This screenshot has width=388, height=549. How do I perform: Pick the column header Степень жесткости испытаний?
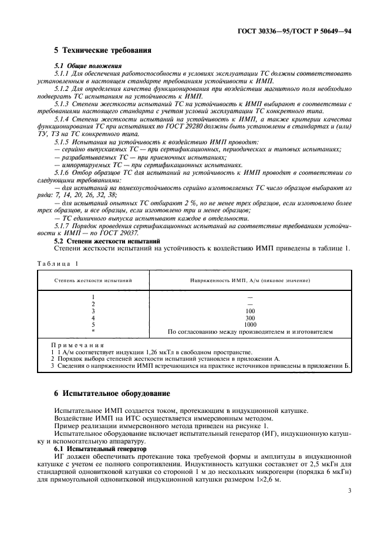pyautogui.click(x=94, y=281)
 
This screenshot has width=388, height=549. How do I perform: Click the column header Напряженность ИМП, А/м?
pyautogui.click(x=249, y=281)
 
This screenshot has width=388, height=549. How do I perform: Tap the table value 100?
pyautogui.click(x=250, y=311)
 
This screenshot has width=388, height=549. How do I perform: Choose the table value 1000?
pyautogui.click(x=250, y=324)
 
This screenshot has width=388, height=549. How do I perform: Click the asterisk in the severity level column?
pyautogui.click(x=93, y=331)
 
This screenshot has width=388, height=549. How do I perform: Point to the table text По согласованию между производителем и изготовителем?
pyautogui.click(x=250, y=331)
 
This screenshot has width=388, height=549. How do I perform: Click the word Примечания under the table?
pyautogui.click(x=77, y=345)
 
